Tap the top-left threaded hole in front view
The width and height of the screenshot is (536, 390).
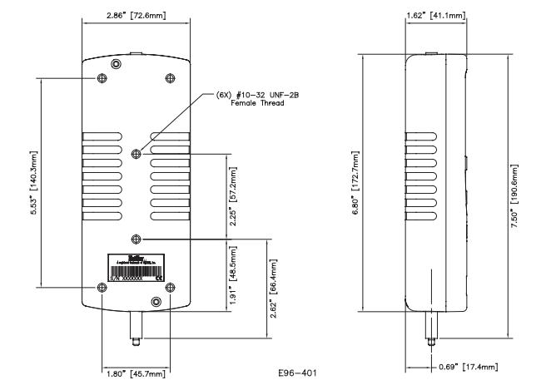(x=102, y=77)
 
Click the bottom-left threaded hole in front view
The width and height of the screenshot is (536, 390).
(x=102, y=287)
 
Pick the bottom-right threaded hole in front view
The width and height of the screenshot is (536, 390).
(x=170, y=287)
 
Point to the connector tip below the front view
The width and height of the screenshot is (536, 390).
(x=136, y=341)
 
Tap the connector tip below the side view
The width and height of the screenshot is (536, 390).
(x=430, y=342)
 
